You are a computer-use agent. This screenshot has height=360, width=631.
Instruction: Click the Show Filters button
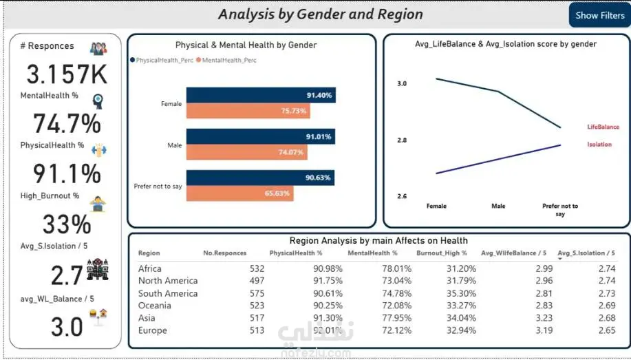pos(599,15)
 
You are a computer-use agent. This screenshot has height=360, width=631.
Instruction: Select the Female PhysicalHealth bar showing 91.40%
pos(261,95)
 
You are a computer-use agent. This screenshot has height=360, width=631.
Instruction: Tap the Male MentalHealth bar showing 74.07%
pos(246,152)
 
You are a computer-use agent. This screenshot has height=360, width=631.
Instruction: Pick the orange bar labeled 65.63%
pos(240,193)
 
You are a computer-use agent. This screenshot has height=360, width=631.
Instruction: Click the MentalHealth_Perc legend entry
pos(226,60)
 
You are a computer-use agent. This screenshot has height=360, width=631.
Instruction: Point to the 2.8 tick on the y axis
pos(402,140)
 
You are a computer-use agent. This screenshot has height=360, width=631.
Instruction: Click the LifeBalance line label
pos(603,127)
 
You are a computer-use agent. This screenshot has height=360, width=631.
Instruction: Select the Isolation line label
pos(599,144)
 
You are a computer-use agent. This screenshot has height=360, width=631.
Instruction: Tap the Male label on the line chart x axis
pos(498,206)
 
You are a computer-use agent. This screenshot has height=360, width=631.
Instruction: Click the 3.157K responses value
pos(67,74)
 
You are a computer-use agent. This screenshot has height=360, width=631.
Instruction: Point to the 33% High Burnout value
pos(67,224)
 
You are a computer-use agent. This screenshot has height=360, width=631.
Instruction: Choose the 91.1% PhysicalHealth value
pos(67,173)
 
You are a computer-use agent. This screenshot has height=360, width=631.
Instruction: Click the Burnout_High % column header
pos(442,253)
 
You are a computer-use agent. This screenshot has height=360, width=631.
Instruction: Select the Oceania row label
pos(155,305)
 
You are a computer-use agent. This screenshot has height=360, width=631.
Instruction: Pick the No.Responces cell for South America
pos(257,293)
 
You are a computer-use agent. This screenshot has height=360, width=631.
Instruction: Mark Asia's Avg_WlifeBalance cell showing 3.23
pos(544,318)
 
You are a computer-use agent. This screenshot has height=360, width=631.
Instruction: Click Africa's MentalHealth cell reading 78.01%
pos(396,268)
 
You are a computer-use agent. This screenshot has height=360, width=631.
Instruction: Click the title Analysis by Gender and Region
pos(321,14)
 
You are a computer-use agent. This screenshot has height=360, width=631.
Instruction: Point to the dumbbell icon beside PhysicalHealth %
pos(98,150)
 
